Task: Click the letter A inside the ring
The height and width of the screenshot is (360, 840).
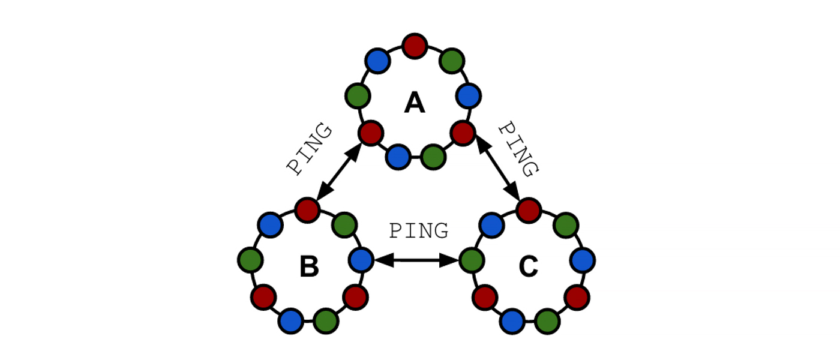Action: point(415,104)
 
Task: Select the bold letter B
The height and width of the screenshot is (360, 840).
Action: point(309,268)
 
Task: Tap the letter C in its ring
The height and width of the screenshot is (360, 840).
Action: point(529,268)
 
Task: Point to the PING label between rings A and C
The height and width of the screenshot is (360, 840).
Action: point(517,149)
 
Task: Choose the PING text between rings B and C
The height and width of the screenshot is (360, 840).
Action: point(419,231)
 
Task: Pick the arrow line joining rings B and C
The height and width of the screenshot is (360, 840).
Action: point(416,260)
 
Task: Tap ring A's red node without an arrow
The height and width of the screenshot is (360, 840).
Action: point(415,46)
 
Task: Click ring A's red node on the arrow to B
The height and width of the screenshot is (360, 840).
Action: point(370,132)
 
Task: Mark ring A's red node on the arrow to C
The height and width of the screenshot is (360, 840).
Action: point(463,132)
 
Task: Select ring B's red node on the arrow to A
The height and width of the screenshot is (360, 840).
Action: point(307,209)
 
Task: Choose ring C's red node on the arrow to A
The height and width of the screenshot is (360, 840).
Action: point(529,209)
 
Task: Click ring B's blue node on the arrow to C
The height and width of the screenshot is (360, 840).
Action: point(361,260)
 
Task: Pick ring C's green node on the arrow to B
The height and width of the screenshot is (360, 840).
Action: point(472,260)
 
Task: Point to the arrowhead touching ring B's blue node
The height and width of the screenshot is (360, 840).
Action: point(383,260)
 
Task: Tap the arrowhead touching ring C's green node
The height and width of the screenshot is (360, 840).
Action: point(450,260)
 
